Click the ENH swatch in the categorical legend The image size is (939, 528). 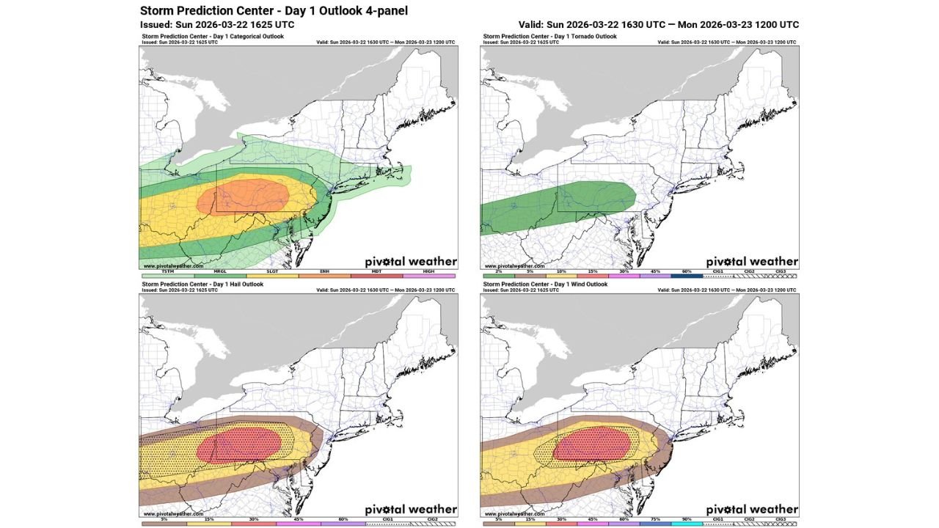tap(324, 276)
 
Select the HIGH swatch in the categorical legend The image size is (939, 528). tap(429, 276)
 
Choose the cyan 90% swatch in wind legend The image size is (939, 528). tap(687, 524)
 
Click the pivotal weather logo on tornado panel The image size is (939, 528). tap(752, 261)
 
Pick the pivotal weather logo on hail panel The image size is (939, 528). tap(411, 509)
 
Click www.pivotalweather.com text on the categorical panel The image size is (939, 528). tap(173, 266)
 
